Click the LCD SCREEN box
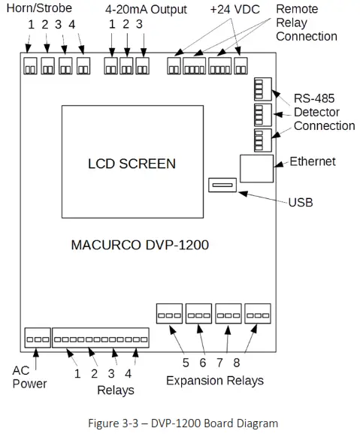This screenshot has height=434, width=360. coord(132,163)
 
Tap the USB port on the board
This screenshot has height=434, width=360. coord(223,185)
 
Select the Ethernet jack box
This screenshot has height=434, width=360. coord(256,167)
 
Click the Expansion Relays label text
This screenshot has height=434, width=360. coord(215,380)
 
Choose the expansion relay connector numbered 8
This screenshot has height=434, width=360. coord(258,312)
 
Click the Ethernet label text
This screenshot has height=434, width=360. coord(313,161)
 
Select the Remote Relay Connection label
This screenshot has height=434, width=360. coord(307,23)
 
